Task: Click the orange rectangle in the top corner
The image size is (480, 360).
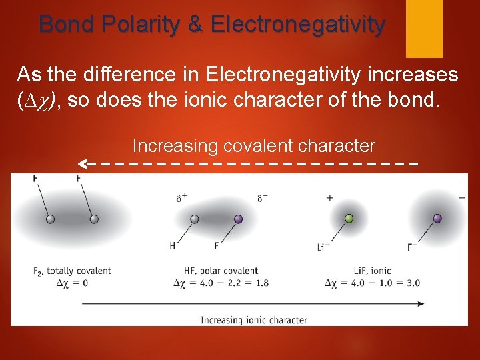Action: click(x=424, y=28)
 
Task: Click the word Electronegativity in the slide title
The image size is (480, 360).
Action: click(x=297, y=24)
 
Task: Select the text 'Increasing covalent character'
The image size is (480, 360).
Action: click(x=253, y=145)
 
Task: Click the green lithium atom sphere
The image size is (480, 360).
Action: click(x=348, y=218)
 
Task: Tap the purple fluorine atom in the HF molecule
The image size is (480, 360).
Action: click(x=239, y=219)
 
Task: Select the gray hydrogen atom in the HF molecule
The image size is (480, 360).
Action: click(x=195, y=219)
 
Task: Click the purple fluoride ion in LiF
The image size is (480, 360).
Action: click(x=437, y=218)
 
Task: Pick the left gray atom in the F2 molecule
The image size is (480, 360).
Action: click(x=49, y=219)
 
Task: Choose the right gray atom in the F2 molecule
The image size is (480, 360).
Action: click(x=94, y=219)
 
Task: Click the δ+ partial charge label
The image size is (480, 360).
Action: click(x=181, y=197)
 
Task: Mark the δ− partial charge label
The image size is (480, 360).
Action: click(x=263, y=197)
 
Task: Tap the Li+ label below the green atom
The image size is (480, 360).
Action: click(x=323, y=247)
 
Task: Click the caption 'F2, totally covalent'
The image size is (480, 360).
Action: click(x=72, y=271)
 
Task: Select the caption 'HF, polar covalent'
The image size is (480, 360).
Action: click(x=221, y=271)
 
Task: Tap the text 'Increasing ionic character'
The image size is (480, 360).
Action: click(x=253, y=320)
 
